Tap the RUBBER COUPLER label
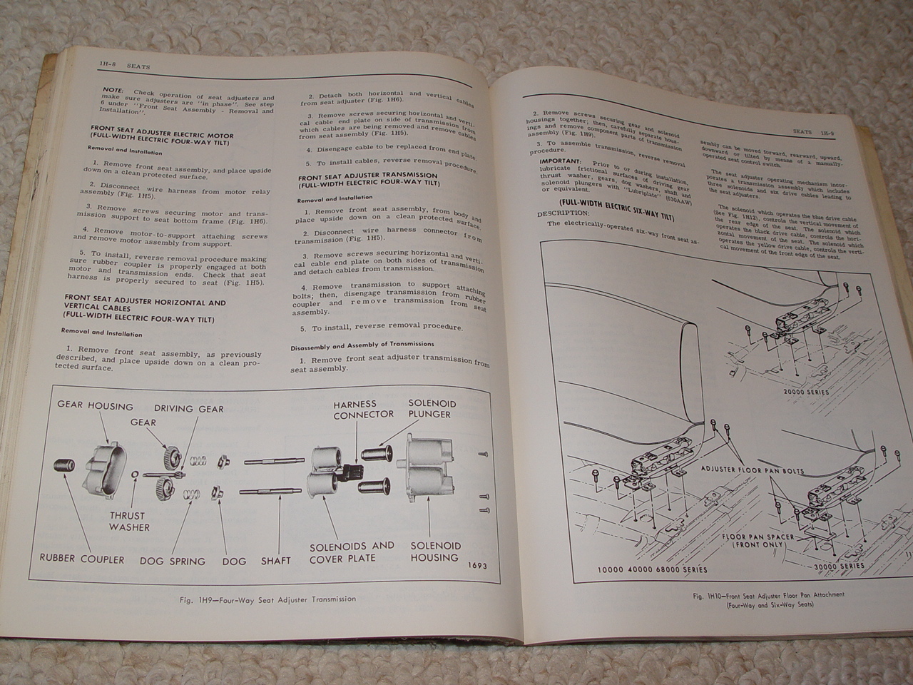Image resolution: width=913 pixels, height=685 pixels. point(82,559)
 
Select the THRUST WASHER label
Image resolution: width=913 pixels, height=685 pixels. point(128,521)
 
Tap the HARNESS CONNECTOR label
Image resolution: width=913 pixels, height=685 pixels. point(363,410)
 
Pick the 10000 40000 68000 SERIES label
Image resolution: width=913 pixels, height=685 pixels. point(653,569)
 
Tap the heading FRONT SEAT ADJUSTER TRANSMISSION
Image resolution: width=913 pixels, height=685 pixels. point(368,176)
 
